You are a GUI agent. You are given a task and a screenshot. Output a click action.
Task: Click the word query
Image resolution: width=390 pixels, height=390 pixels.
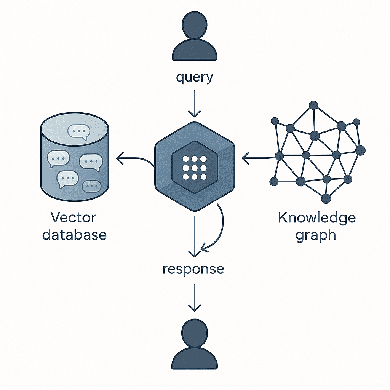tap(194, 78)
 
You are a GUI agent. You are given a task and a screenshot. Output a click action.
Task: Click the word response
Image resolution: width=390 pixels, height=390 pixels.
tap(193, 269)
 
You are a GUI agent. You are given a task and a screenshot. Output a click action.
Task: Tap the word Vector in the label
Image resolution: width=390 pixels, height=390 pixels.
tap(74, 218)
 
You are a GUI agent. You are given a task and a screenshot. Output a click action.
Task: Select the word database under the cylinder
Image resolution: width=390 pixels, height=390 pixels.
tap(74, 234)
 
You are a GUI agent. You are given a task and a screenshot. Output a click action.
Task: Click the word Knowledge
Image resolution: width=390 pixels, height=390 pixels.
tap(317, 218)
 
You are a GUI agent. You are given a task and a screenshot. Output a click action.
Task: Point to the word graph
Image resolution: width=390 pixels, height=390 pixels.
tap(316, 235)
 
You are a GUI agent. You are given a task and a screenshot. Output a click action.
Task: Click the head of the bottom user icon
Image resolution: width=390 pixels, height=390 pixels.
tap(194, 331)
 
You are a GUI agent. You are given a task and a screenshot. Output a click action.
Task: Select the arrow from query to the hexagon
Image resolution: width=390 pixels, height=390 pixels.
tap(194, 104)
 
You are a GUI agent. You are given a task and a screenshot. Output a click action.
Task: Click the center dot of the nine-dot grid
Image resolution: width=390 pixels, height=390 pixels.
tap(194, 168)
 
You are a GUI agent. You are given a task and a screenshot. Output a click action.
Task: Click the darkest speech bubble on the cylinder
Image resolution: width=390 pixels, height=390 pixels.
tap(91, 186)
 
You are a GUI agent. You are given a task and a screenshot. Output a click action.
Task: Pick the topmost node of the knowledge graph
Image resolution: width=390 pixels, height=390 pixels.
tap(313, 105)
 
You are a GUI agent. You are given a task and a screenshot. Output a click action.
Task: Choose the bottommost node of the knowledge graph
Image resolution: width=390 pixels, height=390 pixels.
tap(326, 198)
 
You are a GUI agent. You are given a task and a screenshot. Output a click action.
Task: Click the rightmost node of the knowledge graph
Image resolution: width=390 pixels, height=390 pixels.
tap(360, 150)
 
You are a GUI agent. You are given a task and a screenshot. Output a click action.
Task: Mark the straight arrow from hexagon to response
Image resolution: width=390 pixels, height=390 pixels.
tap(194, 236)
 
